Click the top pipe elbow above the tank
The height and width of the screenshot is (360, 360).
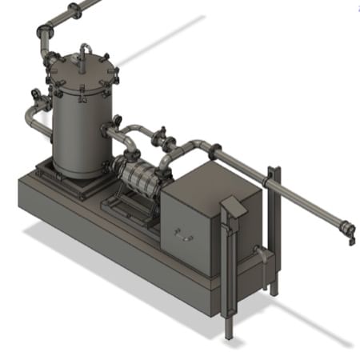(45, 33)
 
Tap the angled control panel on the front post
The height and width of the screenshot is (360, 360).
(234, 206)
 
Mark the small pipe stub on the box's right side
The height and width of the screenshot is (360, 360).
(260, 254)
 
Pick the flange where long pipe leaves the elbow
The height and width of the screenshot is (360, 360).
(214, 150)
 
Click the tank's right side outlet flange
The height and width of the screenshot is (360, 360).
(109, 130)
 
